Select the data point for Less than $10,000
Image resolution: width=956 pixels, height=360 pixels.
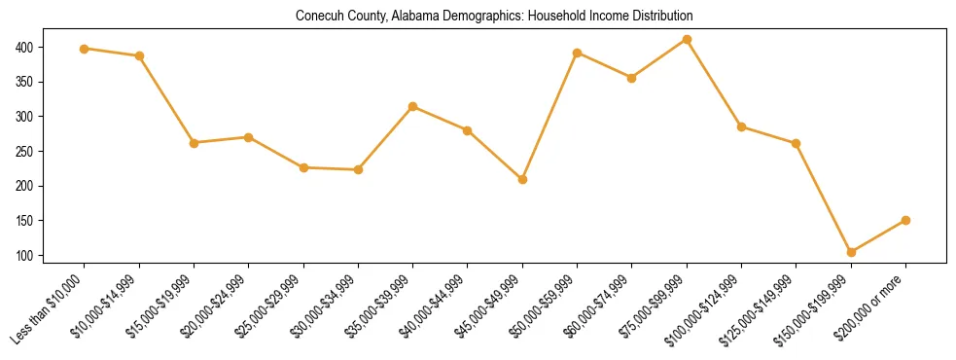click(85, 49)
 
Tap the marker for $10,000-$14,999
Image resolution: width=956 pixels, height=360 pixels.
click(139, 56)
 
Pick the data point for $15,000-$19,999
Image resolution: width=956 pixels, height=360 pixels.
click(195, 143)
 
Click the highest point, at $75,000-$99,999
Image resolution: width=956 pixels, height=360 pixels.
click(687, 40)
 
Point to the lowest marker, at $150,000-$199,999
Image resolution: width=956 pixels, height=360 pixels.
click(851, 252)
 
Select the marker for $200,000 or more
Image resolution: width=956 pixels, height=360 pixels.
click(905, 220)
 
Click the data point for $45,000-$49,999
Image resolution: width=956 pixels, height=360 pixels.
click(522, 179)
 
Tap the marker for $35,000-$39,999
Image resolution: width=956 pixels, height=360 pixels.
click(413, 106)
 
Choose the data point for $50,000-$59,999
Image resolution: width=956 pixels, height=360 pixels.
click(578, 53)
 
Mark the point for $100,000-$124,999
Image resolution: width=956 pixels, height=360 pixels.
click(741, 126)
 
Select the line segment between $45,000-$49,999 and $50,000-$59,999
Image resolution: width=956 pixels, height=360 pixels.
click(549, 116)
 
